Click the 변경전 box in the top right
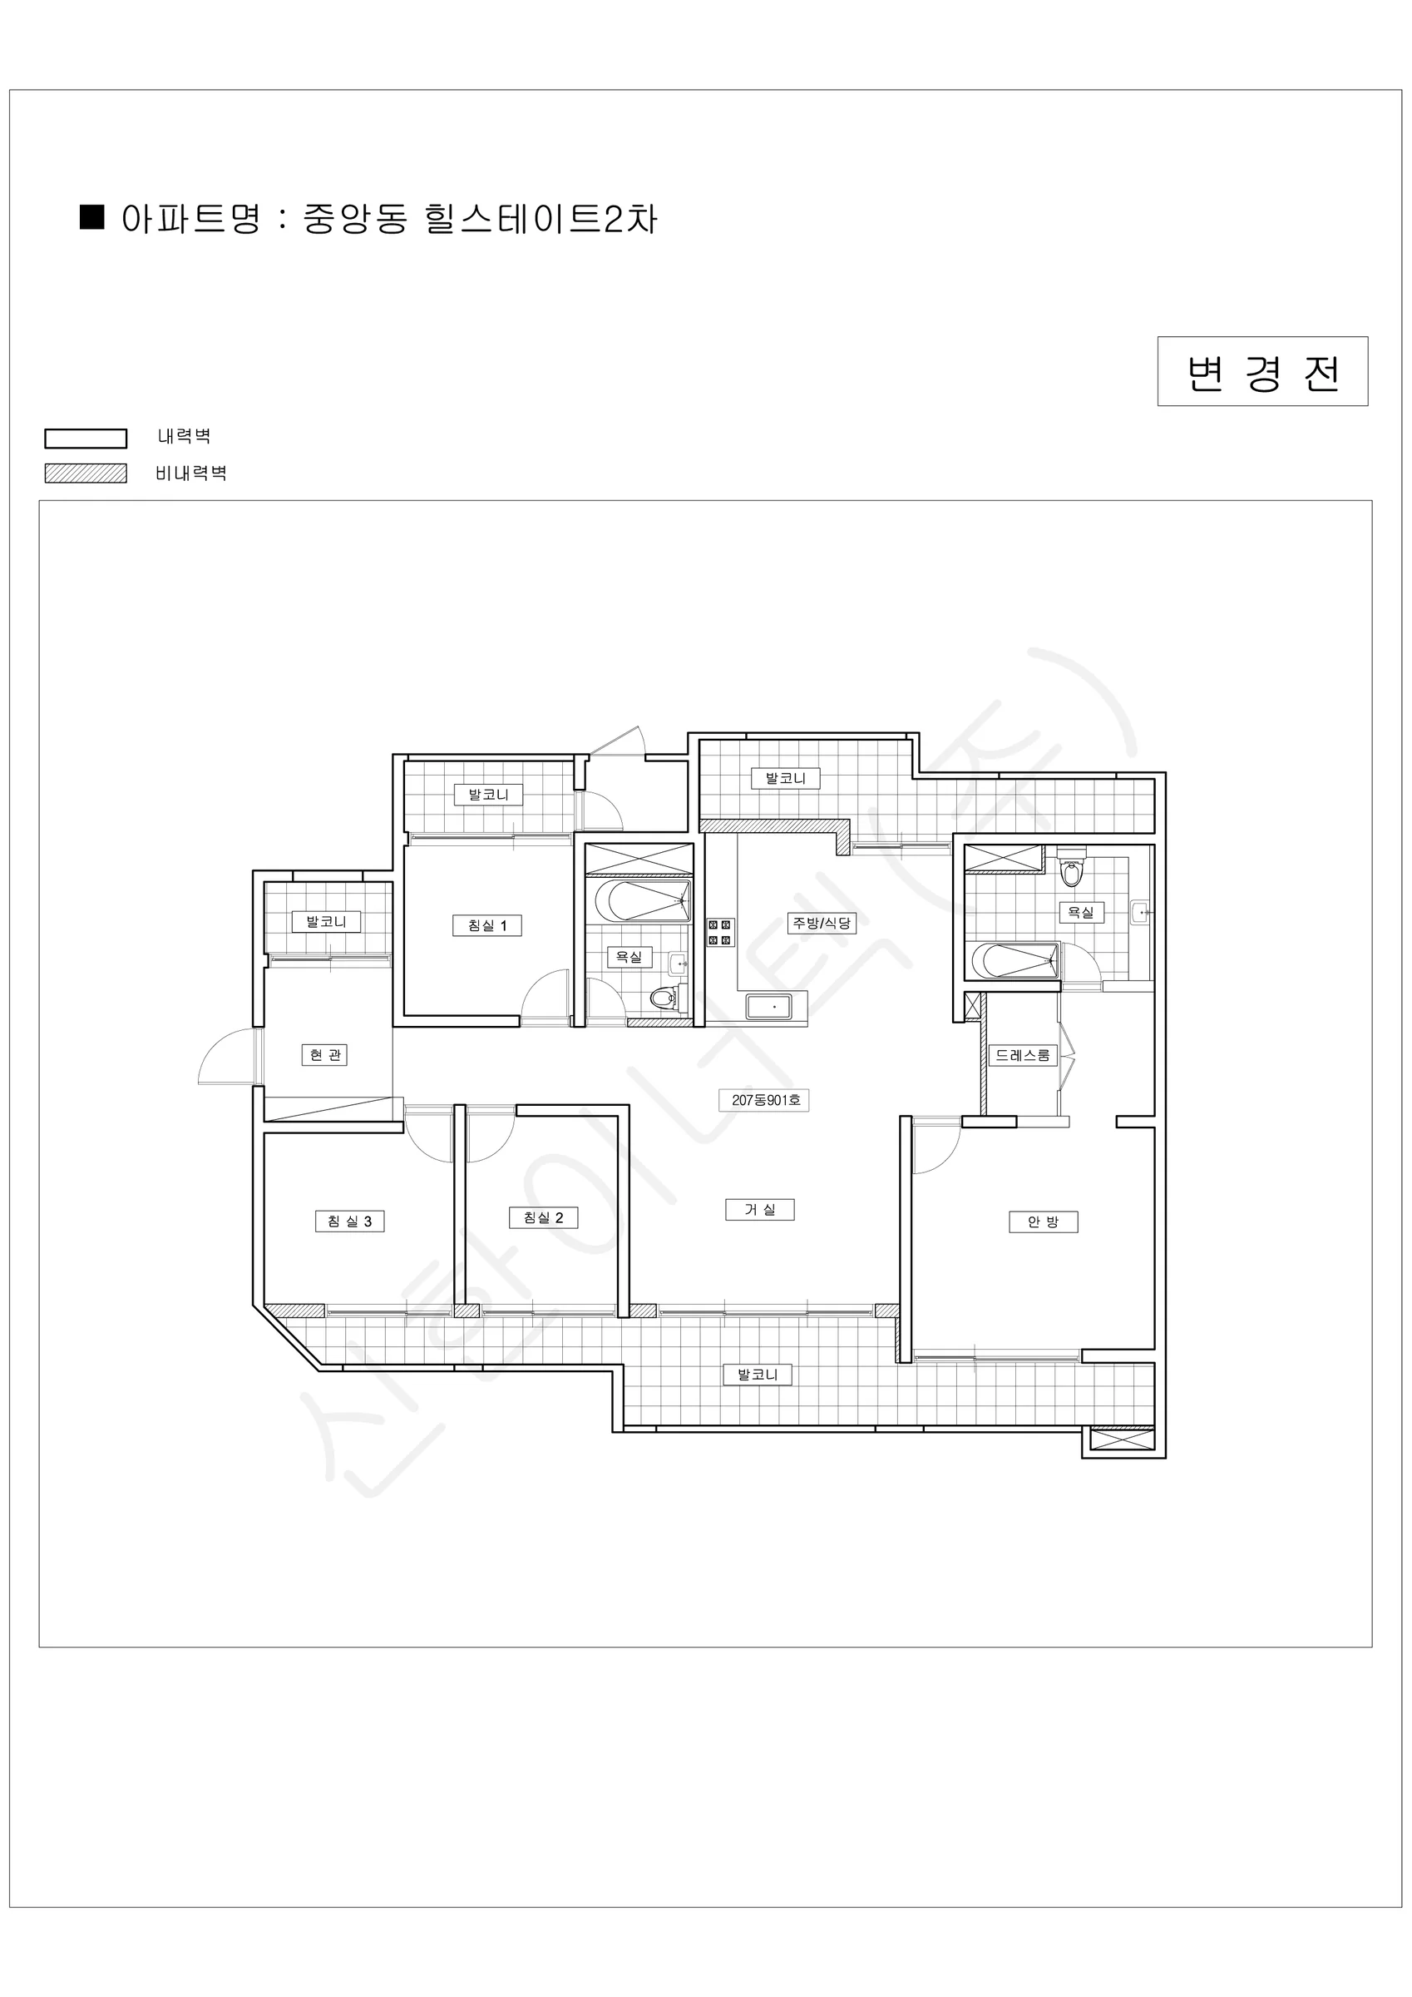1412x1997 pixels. [x=1261, y=371]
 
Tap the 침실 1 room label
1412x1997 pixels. [x=487, y=925]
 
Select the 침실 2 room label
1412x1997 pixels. [x=543, y=1217]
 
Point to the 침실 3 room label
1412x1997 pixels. [x=349, y=1221]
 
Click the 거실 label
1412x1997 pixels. [x=760, y=1209]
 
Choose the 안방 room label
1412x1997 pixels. [x=1044, y=1222]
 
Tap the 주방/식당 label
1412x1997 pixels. [x=822, y=923]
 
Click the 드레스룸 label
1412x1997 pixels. [x=1024, y=1055]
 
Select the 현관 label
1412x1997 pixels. [x=324, y=1055]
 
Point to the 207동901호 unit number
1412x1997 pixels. [x=765, y=1100]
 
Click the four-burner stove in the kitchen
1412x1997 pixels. [x=721, y=933]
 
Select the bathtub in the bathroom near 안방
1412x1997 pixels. [x=1015, y=961]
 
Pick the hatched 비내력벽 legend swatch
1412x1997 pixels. [x=85, y=473]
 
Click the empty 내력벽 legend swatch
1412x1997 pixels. [x=85, y=439]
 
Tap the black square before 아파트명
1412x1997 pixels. [x=92, y=216]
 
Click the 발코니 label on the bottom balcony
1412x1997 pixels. [x=758, y=1375]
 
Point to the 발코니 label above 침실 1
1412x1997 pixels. [x=489, y=794]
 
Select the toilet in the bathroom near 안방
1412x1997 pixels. [x=1071, y=867]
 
